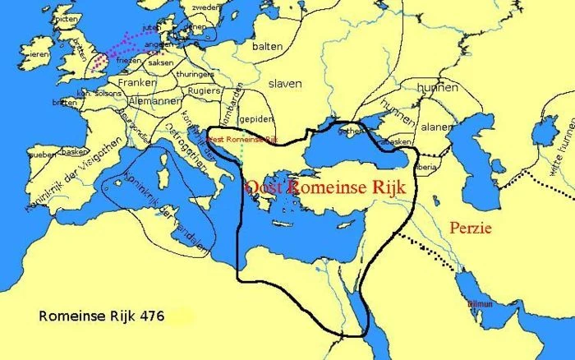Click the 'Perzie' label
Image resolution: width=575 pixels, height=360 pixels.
click(x=471, y=228)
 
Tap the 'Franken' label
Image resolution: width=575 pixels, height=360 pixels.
click(x=137, y=83)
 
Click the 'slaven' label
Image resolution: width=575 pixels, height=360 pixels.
click(x=283, y=84)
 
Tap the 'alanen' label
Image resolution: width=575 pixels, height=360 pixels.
click(x=436, y=127)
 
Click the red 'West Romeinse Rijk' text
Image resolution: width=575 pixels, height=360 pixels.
click(x=242, y=141)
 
